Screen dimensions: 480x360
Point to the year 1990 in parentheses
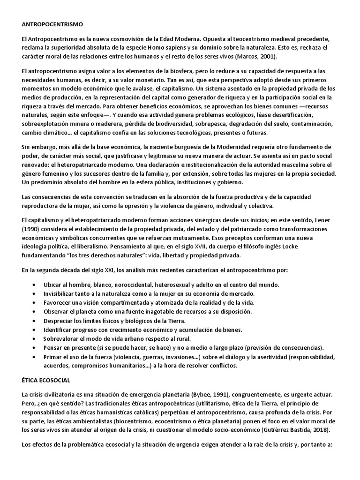tap(32, 230)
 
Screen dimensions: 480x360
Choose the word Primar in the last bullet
tap(53, 357)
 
